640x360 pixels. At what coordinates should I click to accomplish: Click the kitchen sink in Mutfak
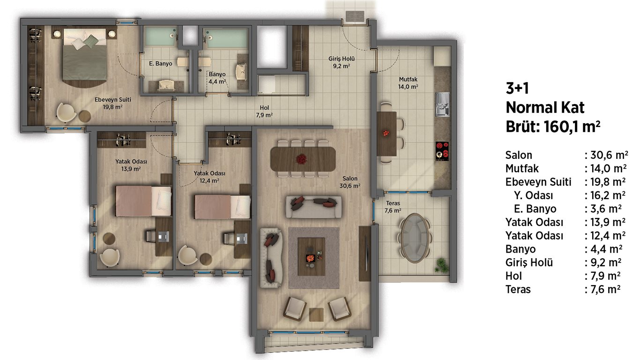coord(442,104)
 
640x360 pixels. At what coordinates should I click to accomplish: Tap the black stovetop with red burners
coord(442,151)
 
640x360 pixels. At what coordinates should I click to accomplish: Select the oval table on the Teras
coord(415,238)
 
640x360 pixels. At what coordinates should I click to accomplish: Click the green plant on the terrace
coord(441,265)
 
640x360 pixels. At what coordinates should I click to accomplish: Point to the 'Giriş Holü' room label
coord(342,59)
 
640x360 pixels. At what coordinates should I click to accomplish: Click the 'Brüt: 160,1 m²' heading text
coord(553,127)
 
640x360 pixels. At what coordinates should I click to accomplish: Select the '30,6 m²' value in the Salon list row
coord(609,155)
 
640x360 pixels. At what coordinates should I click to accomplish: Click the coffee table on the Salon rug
coord(311,256)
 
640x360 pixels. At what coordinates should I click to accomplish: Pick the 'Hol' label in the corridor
coord(264,108)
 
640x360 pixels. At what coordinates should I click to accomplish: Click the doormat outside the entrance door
coord(355,16)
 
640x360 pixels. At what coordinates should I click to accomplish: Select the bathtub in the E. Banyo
coord(160,36)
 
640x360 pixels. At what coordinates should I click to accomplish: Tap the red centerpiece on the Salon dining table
coord(301,159)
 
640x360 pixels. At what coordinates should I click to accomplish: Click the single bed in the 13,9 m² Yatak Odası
coord(143,201)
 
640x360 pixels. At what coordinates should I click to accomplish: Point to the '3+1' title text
coord(517,88)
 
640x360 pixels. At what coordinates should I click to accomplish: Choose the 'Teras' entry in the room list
coord(518,289)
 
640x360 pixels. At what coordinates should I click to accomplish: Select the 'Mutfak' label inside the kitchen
coord(408,79)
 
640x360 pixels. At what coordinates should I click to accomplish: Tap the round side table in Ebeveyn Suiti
coord(85,116)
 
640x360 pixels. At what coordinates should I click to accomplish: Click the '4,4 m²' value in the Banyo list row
coord(607,249)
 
